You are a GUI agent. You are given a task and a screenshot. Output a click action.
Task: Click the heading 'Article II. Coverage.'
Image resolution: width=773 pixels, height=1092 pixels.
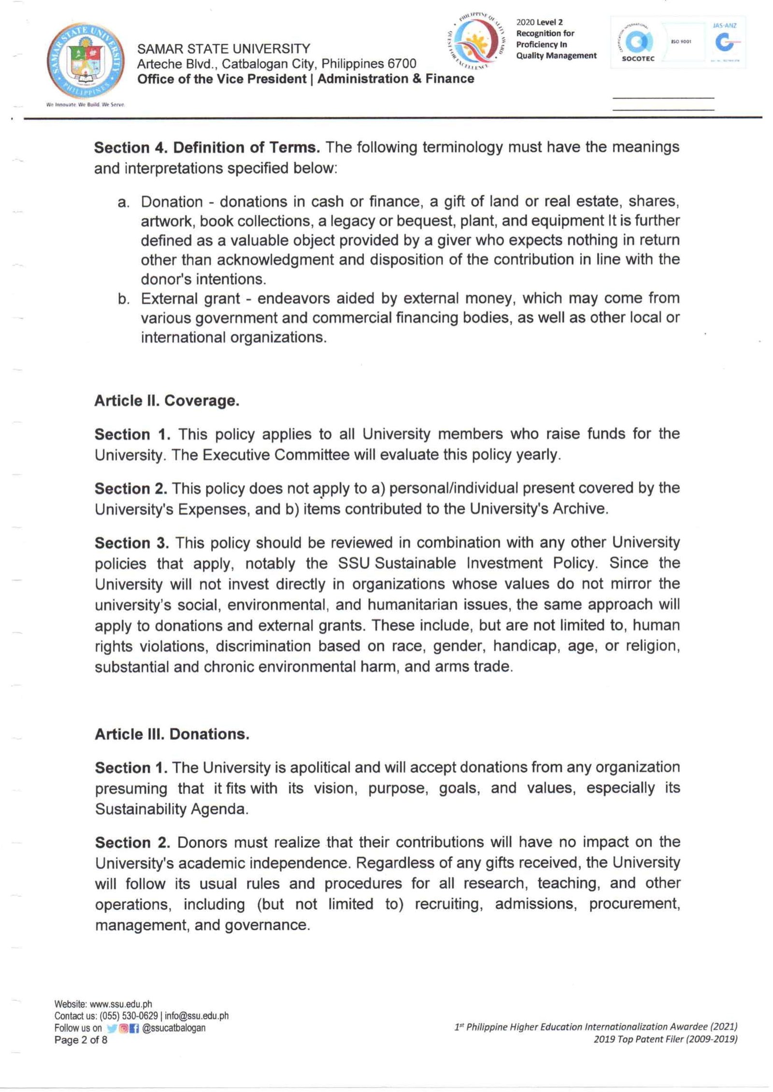point(167,401)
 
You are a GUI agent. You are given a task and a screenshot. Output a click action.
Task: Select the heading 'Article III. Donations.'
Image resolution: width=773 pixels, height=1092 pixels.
point(172,734)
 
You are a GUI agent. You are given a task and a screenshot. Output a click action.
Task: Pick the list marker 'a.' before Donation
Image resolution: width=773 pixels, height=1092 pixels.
point(123,202)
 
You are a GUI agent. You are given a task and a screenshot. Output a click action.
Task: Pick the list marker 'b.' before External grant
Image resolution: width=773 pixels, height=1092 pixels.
point(123,299)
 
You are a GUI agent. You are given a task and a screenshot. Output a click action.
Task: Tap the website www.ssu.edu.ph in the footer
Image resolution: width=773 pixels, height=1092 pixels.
point(121,1004)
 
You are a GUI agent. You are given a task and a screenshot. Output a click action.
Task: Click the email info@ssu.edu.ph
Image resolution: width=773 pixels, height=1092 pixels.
point(197,1016)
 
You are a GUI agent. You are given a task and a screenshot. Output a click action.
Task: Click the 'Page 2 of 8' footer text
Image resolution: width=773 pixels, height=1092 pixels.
point(81,1039)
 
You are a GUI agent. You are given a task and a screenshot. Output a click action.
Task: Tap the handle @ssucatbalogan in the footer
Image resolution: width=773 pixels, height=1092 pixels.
point(174,1028)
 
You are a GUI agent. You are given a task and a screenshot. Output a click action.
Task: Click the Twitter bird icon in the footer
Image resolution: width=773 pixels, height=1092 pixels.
point(112,1028)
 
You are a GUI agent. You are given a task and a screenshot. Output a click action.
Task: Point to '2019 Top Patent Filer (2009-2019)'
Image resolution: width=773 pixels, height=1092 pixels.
point(665,1039)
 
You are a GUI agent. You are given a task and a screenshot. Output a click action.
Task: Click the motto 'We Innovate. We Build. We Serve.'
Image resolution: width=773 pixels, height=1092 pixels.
point(86,104)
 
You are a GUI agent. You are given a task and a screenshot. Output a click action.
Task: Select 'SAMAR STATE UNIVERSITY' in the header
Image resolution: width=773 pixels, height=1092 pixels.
point(224,49)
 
